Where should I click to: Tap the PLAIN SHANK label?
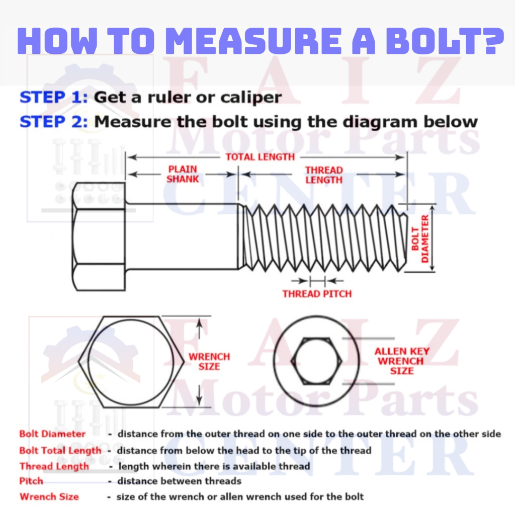click(x=183, y=174)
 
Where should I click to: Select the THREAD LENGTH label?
click(x=324, y=175)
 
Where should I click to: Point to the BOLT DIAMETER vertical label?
click(x=419, y=238)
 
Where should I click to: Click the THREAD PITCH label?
click(x=317, y=293)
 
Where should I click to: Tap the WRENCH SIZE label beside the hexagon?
click(x=209, y=361)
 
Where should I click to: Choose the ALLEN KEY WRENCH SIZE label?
click(x=402, y=361)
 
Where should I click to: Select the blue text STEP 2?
click(x=54, y=121)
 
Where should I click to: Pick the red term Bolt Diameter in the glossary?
click(x=52, y=434)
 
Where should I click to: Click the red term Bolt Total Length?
click(x=60, y=450)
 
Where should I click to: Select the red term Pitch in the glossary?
click(x=31, y=481)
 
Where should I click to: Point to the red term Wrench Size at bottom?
click(x=49, y=497)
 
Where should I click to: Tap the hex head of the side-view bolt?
click(x=99, y=236)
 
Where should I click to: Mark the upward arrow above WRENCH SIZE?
click(x=200, y=329)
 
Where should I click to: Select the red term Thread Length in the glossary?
click(x=54, y=466)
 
